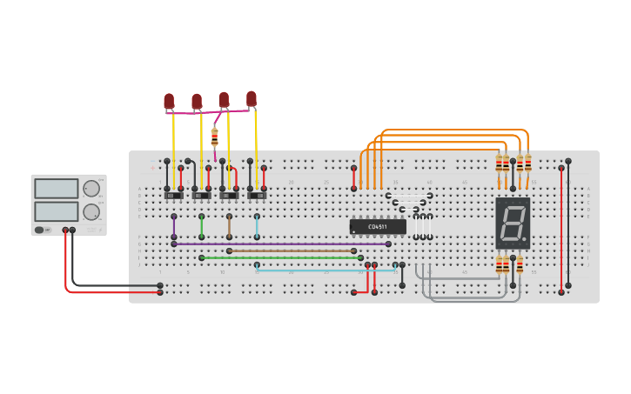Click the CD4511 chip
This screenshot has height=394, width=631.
(x=378, y=227)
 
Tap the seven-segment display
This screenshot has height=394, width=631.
(x=512, y=224)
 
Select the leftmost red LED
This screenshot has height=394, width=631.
(x=169, y=102)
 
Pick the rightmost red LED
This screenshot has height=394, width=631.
(x=252, y=98)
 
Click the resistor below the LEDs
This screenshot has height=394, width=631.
(x=215, y=137)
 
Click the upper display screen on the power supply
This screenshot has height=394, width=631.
(x=56, y=189)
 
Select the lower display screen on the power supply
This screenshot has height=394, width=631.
(x=56, y=211)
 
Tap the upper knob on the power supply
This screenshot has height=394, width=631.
(x=91, y=189)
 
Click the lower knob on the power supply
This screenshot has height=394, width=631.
(x=91, y=211)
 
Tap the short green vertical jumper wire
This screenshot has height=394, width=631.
(x=202, y=226)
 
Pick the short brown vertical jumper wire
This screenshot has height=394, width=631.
(x=229, y=226)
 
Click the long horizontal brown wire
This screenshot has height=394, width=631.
(x=292, y=250)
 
